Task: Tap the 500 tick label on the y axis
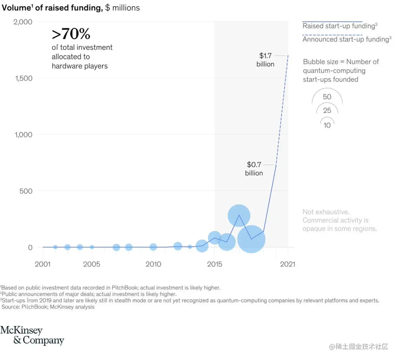pyautogui.click(x=25, y=191)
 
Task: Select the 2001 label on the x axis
pyautogui.click(x=43, y=264)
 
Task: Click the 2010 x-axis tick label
pyautogui.click(x=153, y=264)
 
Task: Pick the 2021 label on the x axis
pyautogui.click(x=287, y=264)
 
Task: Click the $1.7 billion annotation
pyautogui.click(x=265, y=60)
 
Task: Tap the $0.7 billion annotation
pyautogui.click(x=254, y=169)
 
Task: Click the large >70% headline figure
pyautogui.click(x=71, y=34)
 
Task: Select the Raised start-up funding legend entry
pyautogui.click(x=339, y=26)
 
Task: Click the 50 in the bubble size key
pyautogui.click(x=327, y=97)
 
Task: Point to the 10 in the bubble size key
pyautogui.click(x=327, y=125)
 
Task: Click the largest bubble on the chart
pyautogui.click(x=251, y=239)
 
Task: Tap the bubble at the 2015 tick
pyautogui.click(x=214, y=238)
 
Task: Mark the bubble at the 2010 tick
pyautogui.click(x=153, y=247)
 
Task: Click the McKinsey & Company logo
pyautogui.click(x=32, y=335)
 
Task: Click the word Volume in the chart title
pyautogui.click(x=15, y=8)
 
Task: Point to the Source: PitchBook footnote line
pyautogui.click(x=48, y=307)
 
